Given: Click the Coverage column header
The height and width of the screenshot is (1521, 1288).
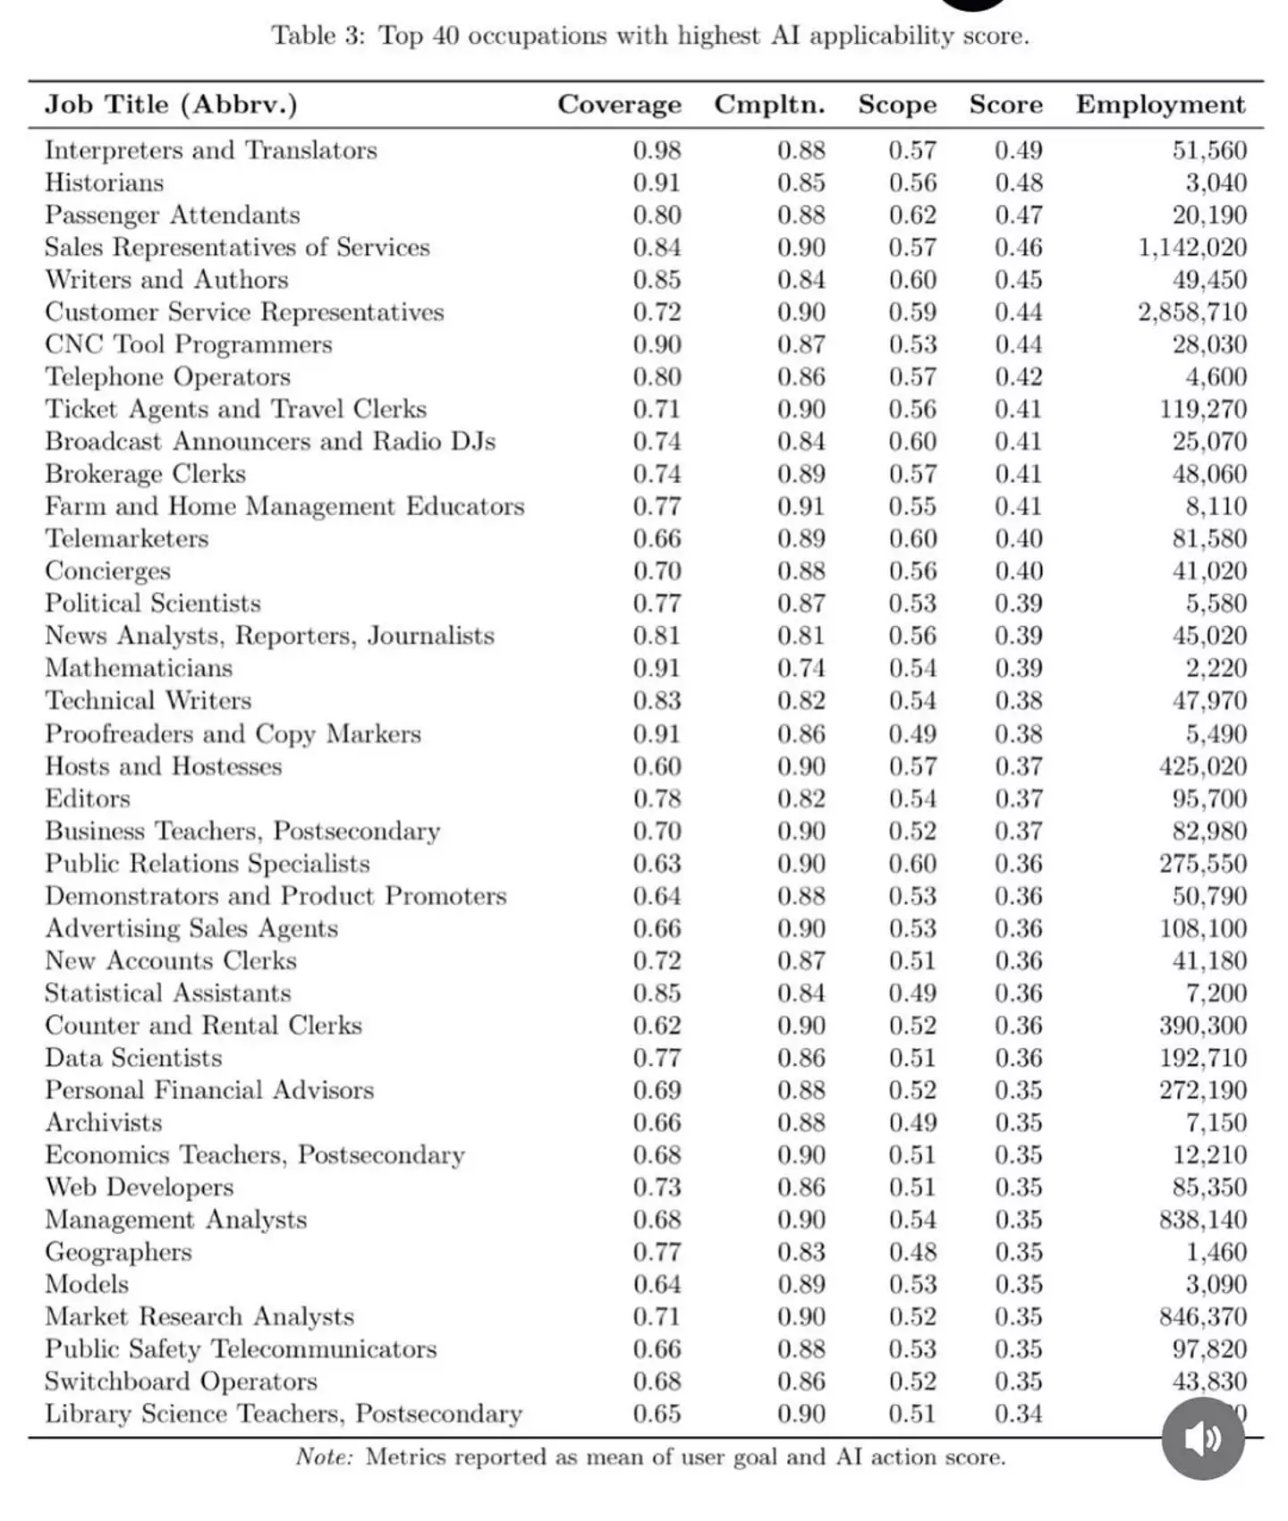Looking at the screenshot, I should [619, 105].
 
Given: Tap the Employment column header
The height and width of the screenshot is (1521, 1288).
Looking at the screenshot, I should [1160, 105].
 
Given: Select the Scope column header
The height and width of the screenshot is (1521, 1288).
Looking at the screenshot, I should [897, 105].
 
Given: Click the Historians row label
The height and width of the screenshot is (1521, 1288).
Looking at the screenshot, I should [105, 182].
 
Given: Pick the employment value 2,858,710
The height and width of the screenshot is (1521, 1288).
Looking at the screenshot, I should [1192, 312].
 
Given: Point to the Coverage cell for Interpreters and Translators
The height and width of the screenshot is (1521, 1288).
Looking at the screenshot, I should [657, 150].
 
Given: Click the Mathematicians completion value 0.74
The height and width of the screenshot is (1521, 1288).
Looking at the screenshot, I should [801, 668].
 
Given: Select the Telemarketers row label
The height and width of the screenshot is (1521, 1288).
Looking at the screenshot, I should [127, 538].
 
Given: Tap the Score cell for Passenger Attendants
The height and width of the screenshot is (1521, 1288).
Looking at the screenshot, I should [1019, 215].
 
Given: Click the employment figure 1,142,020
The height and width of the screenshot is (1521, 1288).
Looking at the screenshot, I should [1192, 247].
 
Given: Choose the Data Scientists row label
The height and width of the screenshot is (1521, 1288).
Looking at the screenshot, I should [134, 1058].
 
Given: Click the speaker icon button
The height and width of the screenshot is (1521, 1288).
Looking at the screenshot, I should [1202, 1438].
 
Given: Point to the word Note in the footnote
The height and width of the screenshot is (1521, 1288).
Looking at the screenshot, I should [324, 1457].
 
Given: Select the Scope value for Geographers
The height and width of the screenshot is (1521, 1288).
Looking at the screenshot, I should [912, 1252].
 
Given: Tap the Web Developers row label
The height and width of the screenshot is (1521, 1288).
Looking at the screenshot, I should [140, 1187].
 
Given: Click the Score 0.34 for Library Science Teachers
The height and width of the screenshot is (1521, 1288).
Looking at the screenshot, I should [1019, 1414].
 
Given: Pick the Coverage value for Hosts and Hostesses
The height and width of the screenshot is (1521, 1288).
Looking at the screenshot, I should [657, 766].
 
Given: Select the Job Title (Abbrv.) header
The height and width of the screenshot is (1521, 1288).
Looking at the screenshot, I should [171, 105].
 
